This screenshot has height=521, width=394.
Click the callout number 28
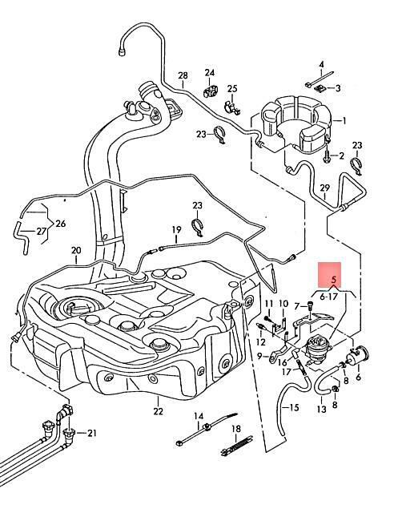tap(183, 76)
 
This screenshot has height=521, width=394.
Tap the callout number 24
tap(210, 72)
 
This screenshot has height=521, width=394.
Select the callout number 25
tap(232, 88)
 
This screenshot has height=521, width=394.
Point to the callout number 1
tap(344, 120)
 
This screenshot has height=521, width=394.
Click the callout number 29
tap(324, 188)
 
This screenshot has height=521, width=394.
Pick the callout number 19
tap(177, 229)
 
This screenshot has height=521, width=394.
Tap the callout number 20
tap(76, 250)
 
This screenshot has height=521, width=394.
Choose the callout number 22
tap(159, 411)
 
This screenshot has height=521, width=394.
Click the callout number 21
tap(92, 433)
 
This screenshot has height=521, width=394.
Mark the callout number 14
tap(199, 416)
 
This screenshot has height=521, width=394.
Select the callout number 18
tap(236, 429)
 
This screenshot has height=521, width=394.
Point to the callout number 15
tap(295, 407)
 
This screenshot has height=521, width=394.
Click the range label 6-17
tap(328, 297)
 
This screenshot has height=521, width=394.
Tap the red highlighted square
tap(330, 275)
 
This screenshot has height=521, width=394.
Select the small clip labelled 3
tap(320, 88)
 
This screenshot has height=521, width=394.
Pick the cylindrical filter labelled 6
tap(357, 356)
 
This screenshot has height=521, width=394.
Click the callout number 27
tap(41, 232)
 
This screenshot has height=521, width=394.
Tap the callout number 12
tap(261, 342)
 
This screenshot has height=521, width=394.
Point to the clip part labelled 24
tap(210, 91)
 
